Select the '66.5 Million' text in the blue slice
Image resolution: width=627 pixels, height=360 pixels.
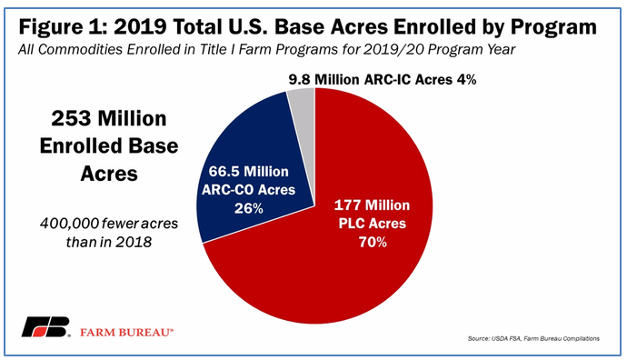click(x=248, y=172)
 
